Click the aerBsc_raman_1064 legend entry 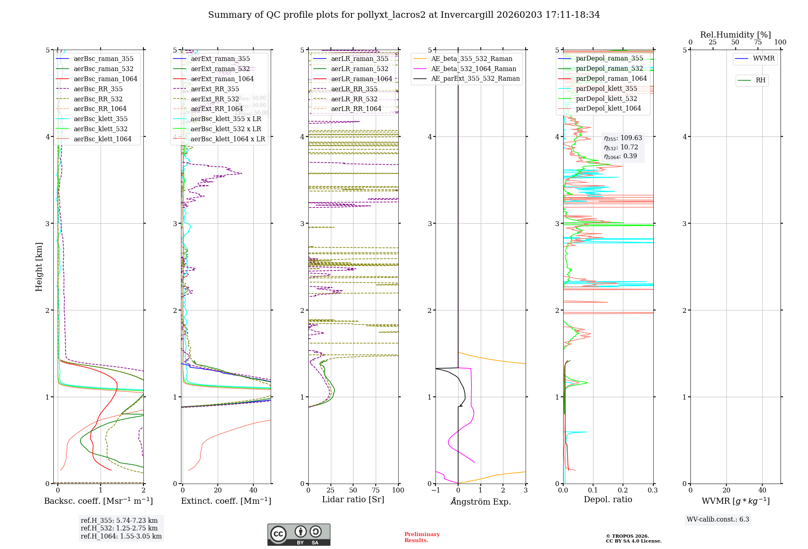[x=105, y=79]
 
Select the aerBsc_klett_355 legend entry [x=101, y=119]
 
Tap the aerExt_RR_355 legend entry [x=215, y=89]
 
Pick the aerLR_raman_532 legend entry [x=360, y=69]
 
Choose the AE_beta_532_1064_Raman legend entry [x=473, y=69]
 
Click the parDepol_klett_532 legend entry [x=606, y=98]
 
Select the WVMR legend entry [x=764, y=59]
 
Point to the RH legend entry [x=760, y=80]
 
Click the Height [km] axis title [x=39, y=267]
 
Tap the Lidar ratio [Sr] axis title [x=353, y=499]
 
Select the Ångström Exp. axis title [x=481, y=501]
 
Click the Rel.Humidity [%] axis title [x=735, y=35]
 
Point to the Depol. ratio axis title [x=608, y=499]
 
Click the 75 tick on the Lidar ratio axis [x=376, y=490]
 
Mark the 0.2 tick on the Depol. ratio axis [x=623, y=490]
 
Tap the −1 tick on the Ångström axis [x=436, y=490]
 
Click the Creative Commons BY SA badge [x=299, y=534]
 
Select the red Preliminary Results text [x=422, y=537]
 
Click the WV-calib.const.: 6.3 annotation [x=718, y=520]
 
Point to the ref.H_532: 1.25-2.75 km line [x=119, y=528]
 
